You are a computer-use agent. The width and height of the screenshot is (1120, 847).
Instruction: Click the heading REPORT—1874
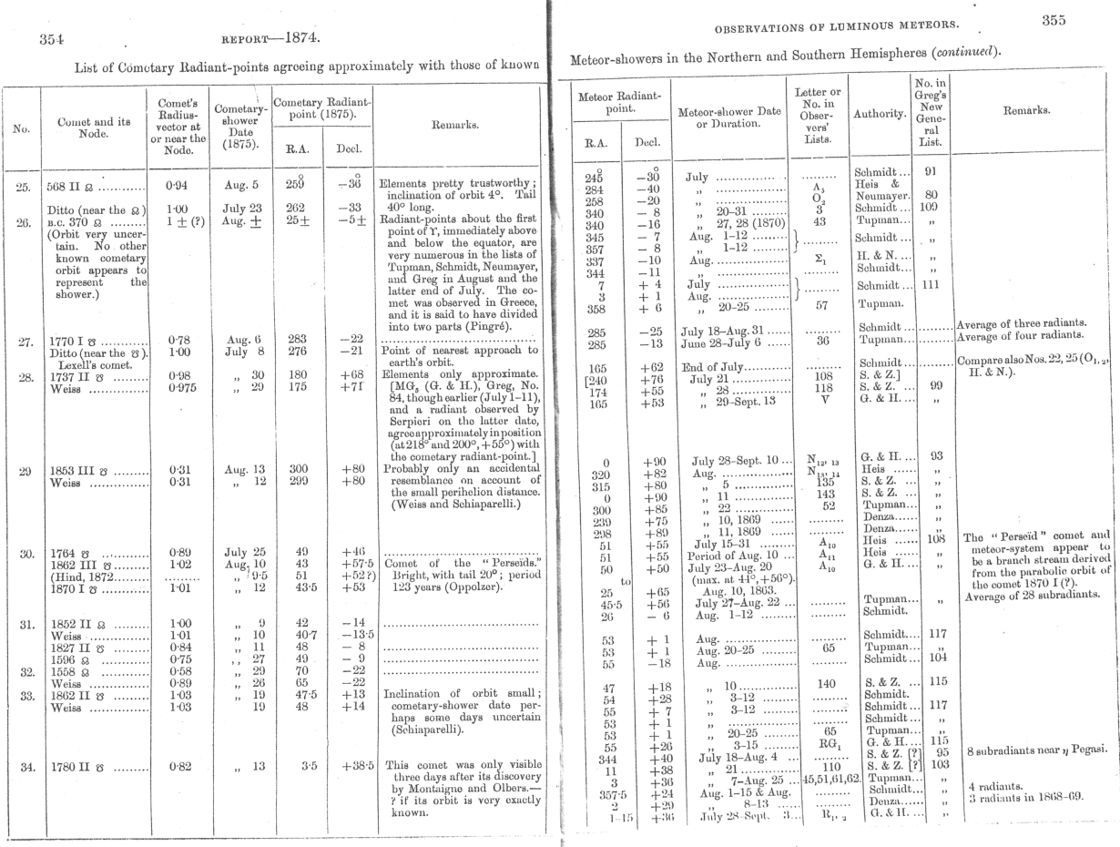click(x=270, y=38)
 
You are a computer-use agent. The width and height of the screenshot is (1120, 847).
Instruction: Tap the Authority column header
click(x=879, y=114)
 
